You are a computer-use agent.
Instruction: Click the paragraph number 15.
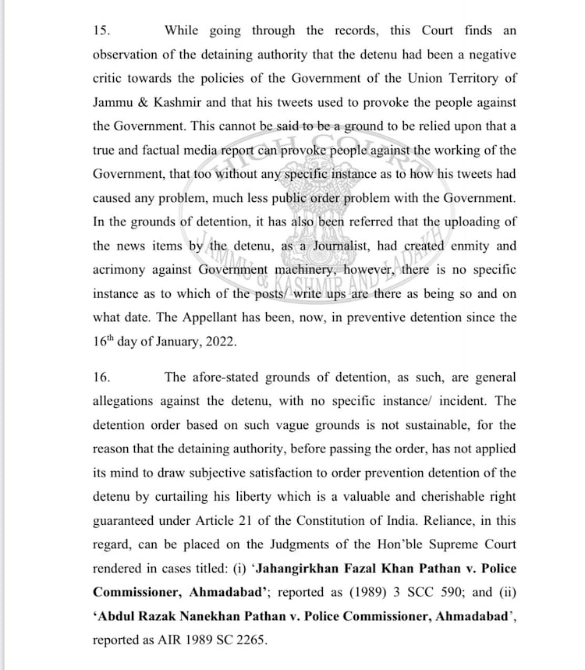[101, 31]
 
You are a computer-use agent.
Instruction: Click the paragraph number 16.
[101, 378]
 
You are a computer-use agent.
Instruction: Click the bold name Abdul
[116, 616]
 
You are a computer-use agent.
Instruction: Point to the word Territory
[461, 79]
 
